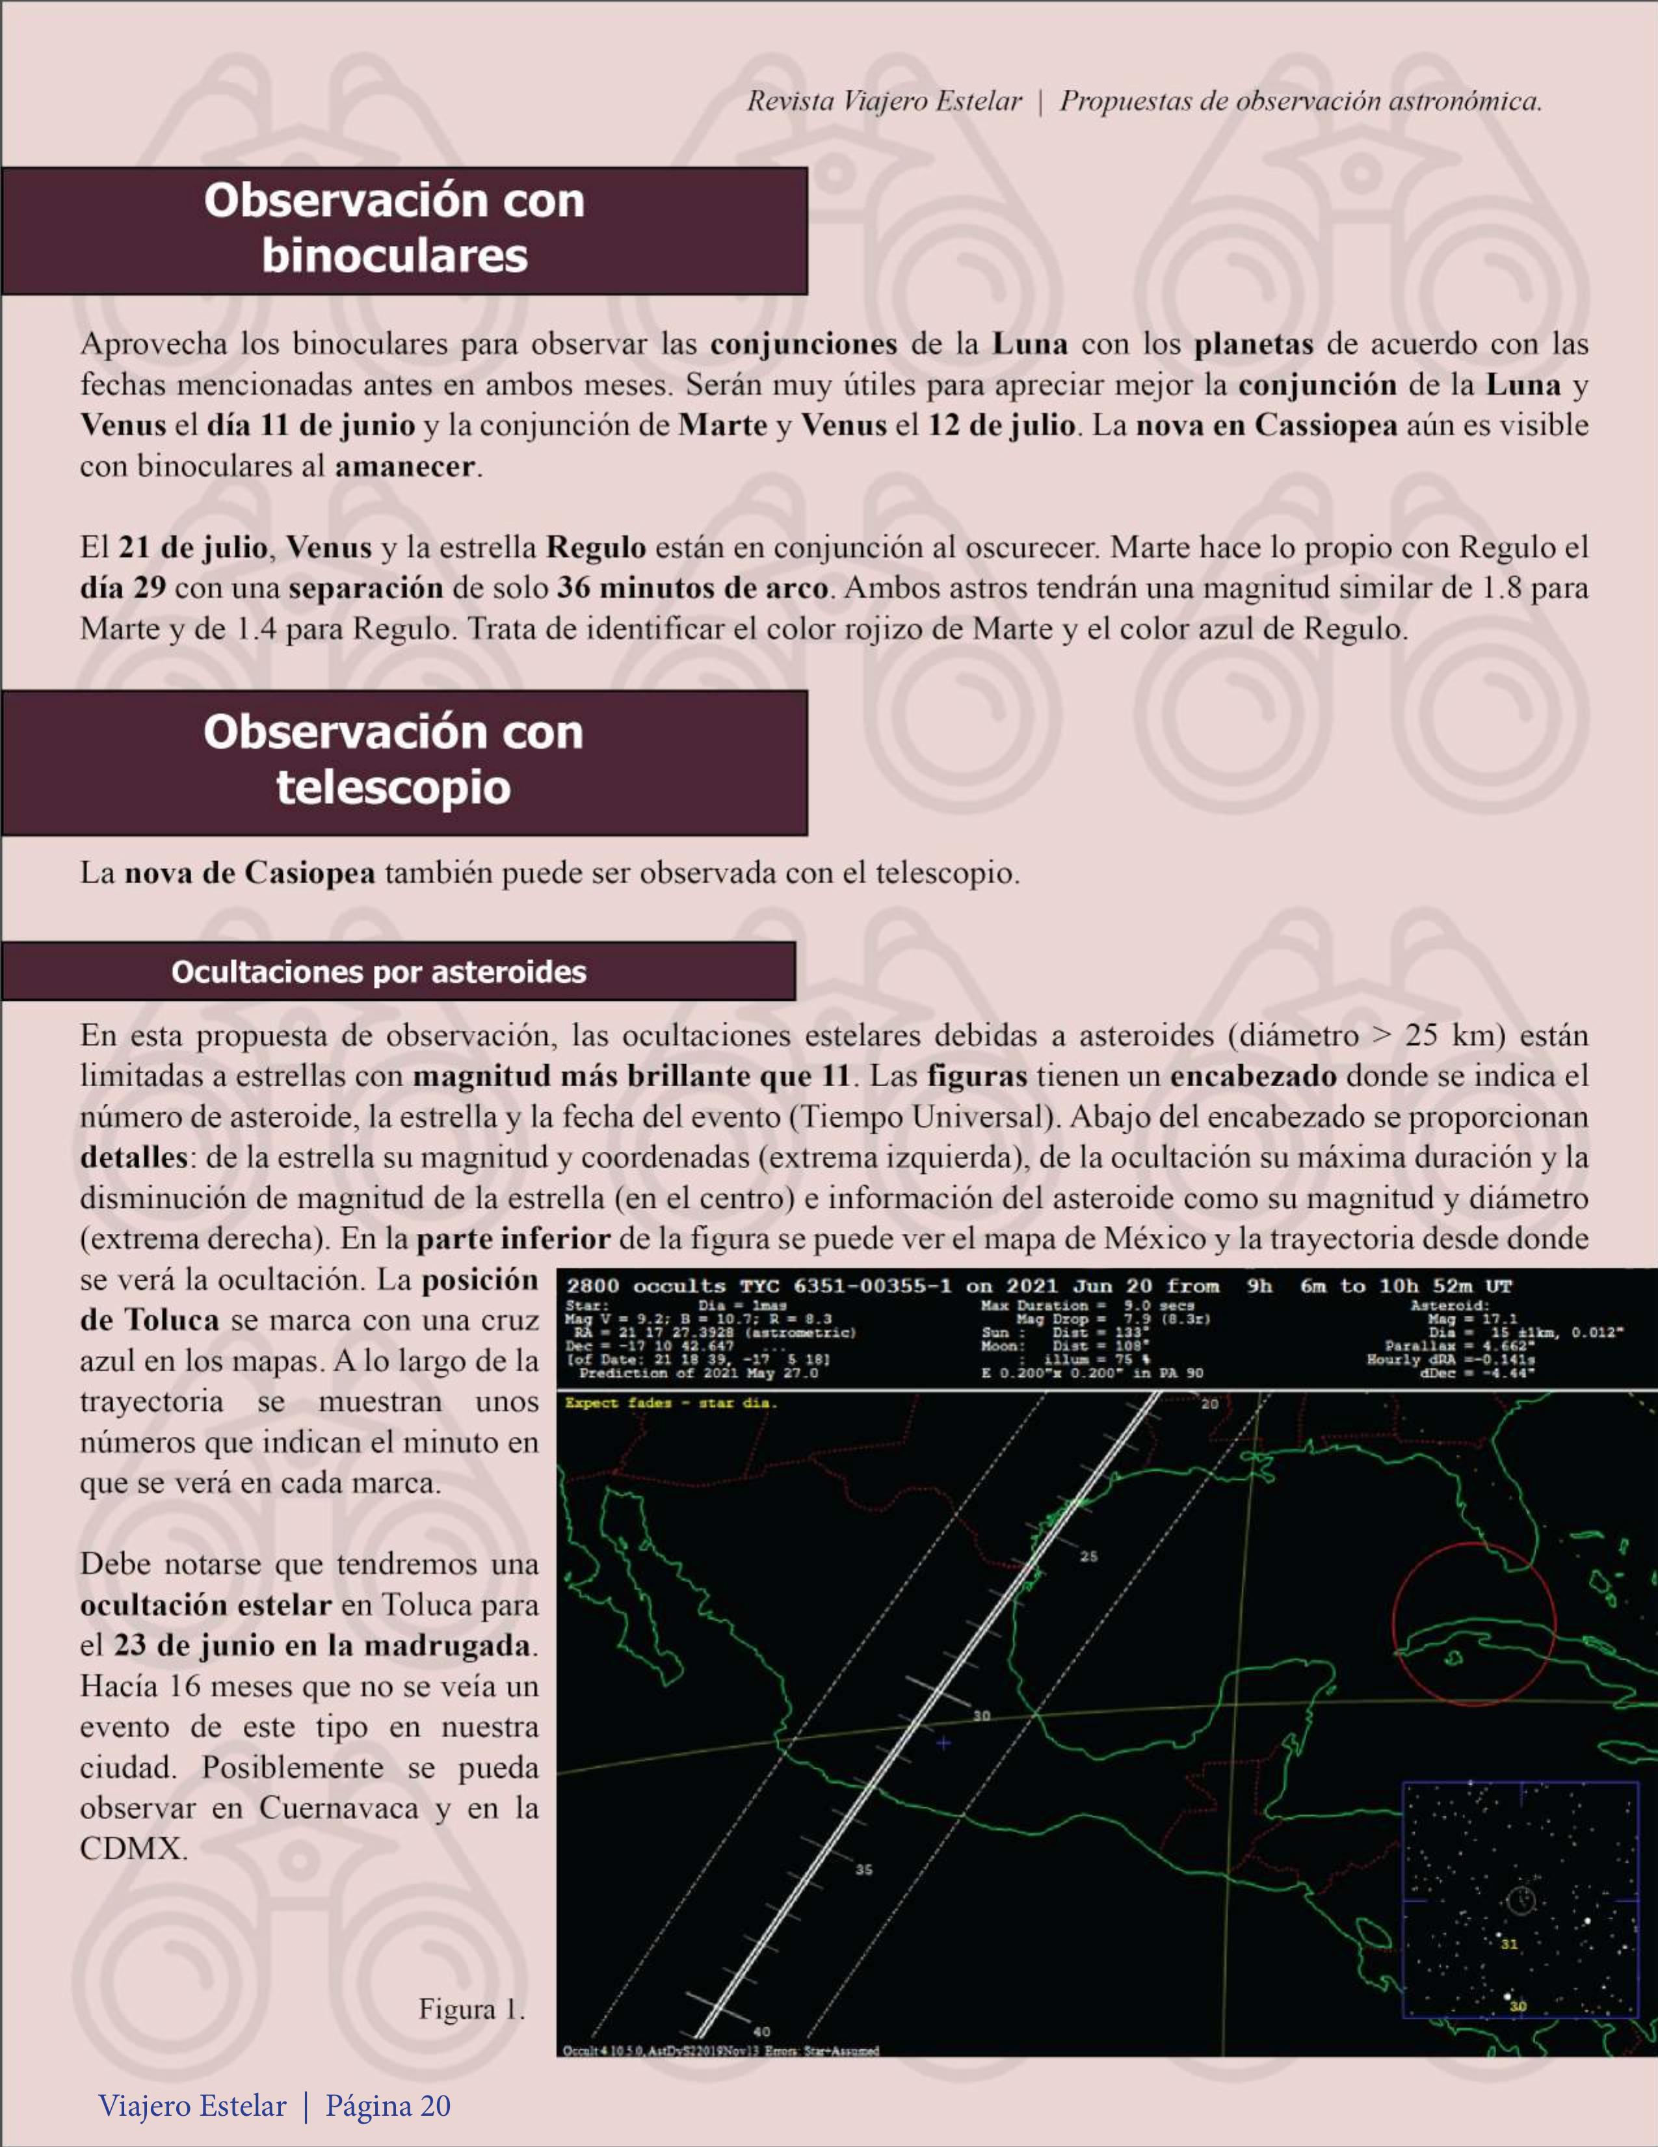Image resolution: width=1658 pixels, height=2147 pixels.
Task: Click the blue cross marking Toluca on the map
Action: [943, 1743]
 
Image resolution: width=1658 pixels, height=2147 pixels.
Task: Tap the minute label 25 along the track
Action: [1088, 1556]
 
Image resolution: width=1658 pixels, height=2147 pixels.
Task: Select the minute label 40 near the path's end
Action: [761, 2032]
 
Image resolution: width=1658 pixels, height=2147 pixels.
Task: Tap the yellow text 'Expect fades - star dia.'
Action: [670, 1403]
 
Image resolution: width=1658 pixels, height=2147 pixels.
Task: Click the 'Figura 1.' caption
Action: [472, 2008]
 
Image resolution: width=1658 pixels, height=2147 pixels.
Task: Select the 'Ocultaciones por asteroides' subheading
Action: [378, 972]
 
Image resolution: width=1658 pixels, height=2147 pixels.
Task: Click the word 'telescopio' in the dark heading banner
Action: [393, 788]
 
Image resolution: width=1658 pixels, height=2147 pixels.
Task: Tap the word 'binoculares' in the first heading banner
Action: [394, 256]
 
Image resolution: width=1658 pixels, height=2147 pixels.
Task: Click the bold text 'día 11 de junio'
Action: [311, 425]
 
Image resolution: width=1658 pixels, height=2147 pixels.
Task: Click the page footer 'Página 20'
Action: [388, 2106]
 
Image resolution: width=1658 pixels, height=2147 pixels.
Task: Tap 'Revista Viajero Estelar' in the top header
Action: [884, 101]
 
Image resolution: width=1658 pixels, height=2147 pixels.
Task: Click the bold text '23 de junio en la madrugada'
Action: [322, 1645]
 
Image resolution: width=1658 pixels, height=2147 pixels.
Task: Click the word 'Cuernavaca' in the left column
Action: [339, 1809]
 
